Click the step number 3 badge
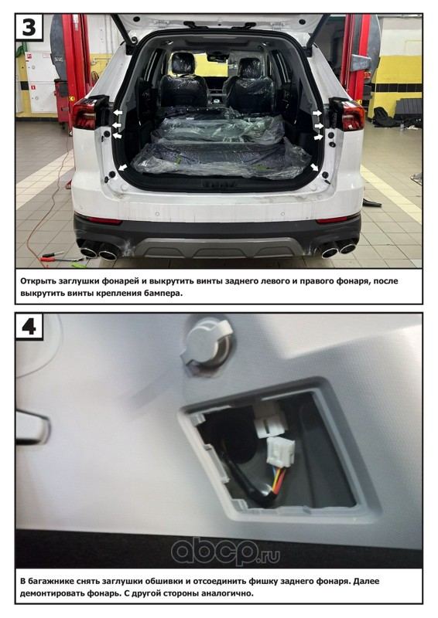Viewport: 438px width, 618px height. point(29,27)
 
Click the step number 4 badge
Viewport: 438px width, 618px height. point(29,326)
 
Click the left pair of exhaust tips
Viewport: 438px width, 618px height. point(99,250)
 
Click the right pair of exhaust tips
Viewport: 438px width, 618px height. point(338,249)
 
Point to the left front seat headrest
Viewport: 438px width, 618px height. point(183,63)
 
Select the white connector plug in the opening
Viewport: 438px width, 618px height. point(281,452)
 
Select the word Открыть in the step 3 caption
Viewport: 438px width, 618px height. point(37,281)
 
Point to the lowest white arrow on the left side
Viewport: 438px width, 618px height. point(122,168)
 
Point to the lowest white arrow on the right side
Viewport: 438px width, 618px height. point(315,168)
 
